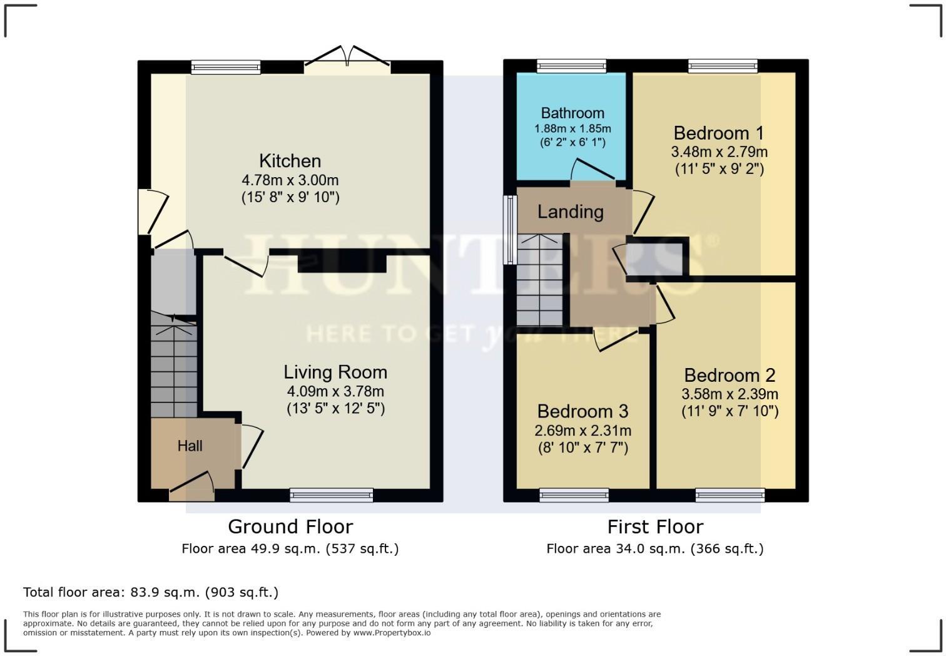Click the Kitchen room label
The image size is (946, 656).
point(290,161)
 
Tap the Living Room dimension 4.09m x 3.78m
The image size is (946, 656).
point(335,391)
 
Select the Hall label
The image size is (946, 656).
point(190,446)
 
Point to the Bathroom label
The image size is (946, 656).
point(572,113)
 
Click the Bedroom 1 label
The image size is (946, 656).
point(719,133)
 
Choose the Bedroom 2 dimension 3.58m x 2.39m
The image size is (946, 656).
point(730,394)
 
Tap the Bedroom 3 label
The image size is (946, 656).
point(583,411)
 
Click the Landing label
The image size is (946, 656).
point(570,212)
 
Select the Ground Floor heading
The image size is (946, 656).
point(290,527)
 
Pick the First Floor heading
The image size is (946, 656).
point(655,527)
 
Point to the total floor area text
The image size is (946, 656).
point(151,592)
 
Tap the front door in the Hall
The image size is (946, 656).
point(191,486)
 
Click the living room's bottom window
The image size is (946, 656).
point(332,495)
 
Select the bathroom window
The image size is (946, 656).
point(572,66)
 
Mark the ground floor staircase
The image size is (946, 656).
point(173,366)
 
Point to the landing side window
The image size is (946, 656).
point(511,230)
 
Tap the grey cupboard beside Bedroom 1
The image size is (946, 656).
point(654,259)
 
